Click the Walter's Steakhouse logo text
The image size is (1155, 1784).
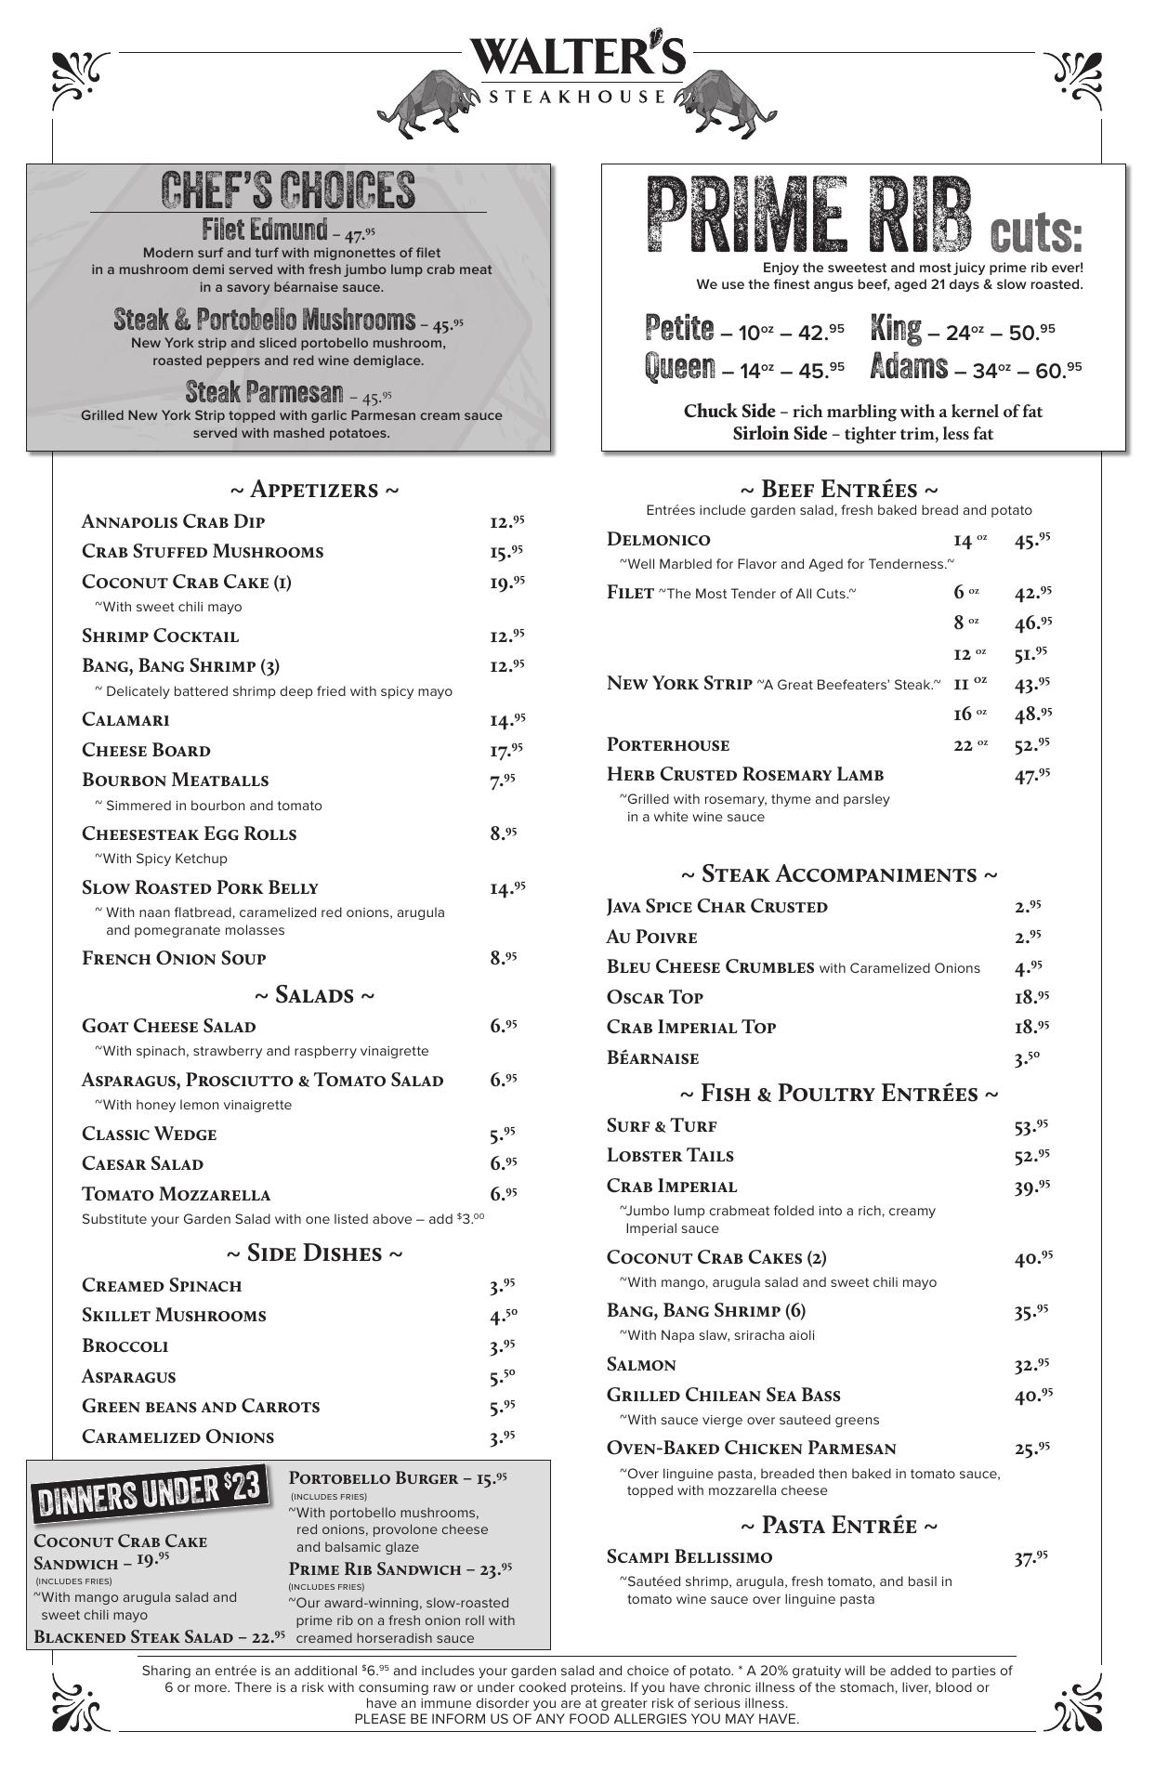point(577,58)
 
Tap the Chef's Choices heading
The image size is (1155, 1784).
point(288,190)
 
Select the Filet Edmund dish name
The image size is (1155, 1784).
point(265,230)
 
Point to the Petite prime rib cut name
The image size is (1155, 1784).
point(679,329)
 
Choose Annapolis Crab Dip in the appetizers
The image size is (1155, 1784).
point(174,521)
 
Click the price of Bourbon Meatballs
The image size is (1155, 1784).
point(502,781)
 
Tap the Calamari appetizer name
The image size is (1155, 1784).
point(125,720)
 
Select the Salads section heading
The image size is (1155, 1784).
point(314,996)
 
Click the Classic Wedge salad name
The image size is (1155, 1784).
point(150,1135)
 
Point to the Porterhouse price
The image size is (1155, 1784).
point(1032,744)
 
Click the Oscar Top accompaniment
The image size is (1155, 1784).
point(655,998)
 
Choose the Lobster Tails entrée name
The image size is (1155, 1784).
point(670,1156)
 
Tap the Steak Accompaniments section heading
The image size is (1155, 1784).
point(839,875)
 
